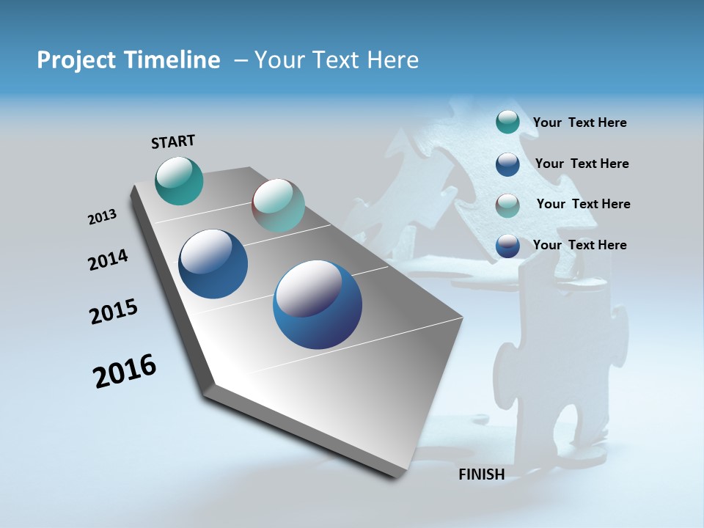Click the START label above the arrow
pyautogui.click(x=173, y=141)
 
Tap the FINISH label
pyautogui.click(x=482, y=474)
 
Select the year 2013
pyautogui.click(x=102, y=217)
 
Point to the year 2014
pyautogui.click(x=108, y=260)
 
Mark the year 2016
pyautogui.click(x=125, y=371)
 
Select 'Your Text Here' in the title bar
pyautogui.click(x=337, y=60)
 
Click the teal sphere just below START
pyautogui.click(x=179, y=180)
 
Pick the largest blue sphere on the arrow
pyautogui.click(x=318, y=304)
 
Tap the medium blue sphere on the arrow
pyautogui.click(x=213, y=264)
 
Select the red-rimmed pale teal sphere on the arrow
pyautogui.click(x=278, y=205)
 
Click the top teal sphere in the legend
pyautogui.click(x=507, y=122)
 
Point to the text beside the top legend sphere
pyautogui.click(x=579, y=122)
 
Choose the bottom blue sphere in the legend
pyautogui.click(x=507, y=246)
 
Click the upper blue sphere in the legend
pyautogui.click(x=507, y=164)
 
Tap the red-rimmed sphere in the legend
pyautogui.click(x=507, y=205)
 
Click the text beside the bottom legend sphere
pyautogui.click(x=579, y=245)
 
